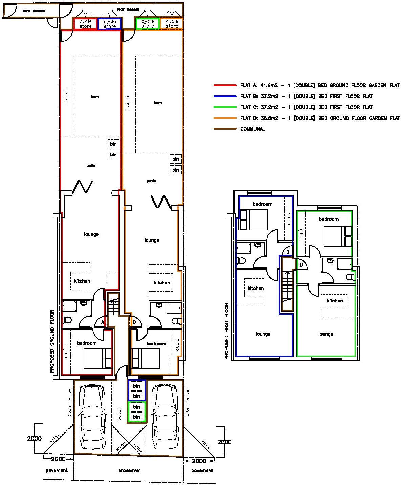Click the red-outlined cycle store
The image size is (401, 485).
point(85,24)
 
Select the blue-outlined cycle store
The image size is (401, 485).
point(110,24)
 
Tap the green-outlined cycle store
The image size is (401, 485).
point(148,23)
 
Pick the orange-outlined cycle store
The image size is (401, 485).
point(172,24)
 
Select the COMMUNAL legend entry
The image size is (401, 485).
point(252,129)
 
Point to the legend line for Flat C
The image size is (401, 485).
point(306,107)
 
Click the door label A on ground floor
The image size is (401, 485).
point(103,323)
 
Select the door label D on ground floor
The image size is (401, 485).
point(134,322)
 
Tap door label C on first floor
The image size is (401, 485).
point(301,265)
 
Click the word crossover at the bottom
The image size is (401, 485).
point(129,471)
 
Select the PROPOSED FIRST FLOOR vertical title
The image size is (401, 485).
point(227,331)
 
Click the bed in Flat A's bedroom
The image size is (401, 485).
point(97,358)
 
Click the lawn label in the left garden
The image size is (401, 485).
point(95,97)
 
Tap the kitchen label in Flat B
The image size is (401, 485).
point(255,289)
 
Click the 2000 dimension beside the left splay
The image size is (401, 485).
point(34,439)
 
